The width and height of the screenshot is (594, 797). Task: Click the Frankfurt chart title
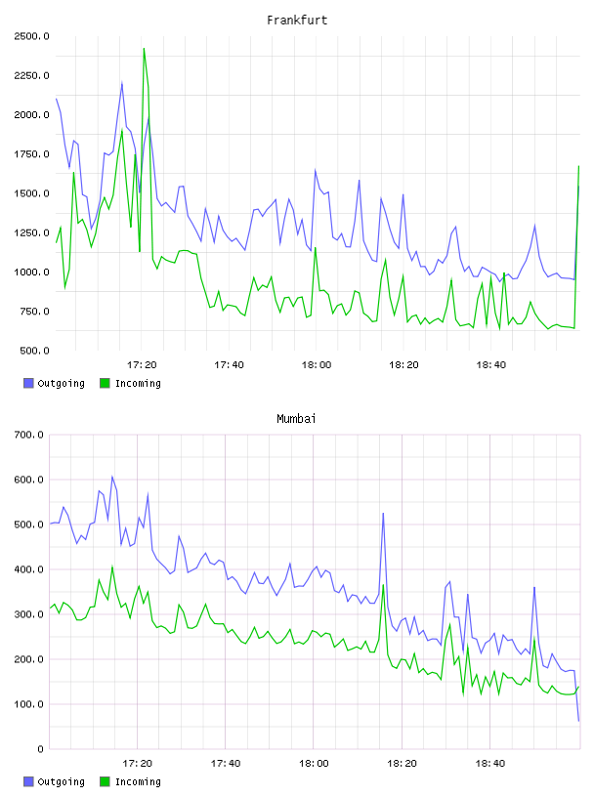(x=297, y=21)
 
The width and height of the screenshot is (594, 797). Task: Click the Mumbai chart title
(x=296, y=419)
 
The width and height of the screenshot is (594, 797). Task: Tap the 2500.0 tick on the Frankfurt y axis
(x=31, y=36)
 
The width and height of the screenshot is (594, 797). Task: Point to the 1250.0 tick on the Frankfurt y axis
(x=31, y=232)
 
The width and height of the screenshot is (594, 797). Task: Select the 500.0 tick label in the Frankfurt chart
(x=34, y=351)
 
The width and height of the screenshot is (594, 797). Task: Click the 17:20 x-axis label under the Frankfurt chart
(x=142, y=365)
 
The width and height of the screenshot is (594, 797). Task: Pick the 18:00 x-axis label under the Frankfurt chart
(x=317, y=365)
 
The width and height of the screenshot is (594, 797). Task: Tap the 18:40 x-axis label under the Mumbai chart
(x=490, y=764)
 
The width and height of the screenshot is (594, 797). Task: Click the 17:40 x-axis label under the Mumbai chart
(x=226, y=764)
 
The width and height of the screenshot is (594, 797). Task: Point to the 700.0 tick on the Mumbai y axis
(x=28, y=435)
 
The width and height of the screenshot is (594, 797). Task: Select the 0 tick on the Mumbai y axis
(x=41, y=749)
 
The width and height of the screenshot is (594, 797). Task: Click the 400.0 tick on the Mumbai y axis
(x=28, y=569)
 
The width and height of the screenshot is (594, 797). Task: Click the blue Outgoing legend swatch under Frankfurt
(x=28, y=383)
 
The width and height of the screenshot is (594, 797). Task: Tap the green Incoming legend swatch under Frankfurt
(x=105, y=383)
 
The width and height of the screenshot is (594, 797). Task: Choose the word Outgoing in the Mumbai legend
(x=61, y=781)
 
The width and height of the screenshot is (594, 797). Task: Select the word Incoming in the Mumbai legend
(x=138, y=781)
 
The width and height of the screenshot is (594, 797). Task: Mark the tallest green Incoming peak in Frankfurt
(x=144, y=49)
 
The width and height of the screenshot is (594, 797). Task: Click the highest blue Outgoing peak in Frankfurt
(x=122, y=83)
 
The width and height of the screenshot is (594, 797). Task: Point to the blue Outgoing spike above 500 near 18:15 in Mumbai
(x=383, y=514)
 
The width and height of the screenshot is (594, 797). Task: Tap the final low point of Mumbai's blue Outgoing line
(x=578, y=721)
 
